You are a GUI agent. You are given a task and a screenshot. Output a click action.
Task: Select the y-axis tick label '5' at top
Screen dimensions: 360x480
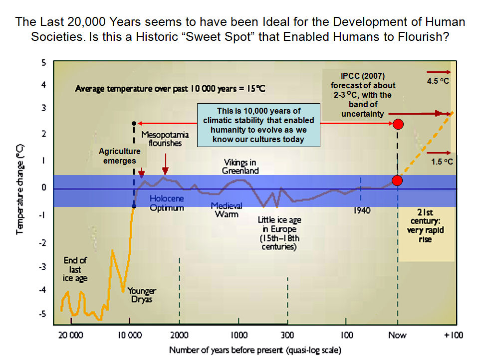[x=43, y=63]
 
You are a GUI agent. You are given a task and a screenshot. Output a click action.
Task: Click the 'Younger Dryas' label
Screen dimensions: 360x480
[x=142, y=295]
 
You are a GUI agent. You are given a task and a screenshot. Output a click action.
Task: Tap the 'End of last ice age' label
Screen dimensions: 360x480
[x=75, y=269]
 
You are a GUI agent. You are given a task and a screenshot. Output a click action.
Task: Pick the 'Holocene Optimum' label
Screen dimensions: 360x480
[x=167, y=203]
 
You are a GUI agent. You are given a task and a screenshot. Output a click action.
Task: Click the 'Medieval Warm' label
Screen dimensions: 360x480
[x=226, y=209]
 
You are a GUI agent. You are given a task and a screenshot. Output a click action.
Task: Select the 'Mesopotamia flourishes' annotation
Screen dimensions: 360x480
[x=161, y=139]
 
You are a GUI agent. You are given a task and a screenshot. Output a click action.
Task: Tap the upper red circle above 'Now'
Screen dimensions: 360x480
[x=398, y=124]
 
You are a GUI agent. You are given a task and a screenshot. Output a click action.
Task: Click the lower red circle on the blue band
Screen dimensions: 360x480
[x=397, y=180]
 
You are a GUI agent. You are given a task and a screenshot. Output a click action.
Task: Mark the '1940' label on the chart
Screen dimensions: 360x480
[x=362, y=210]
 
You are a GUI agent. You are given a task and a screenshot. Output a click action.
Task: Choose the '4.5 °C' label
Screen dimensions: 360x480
[x=439, y=80]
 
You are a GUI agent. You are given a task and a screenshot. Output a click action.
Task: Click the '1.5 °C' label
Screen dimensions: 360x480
[x=442, y=162]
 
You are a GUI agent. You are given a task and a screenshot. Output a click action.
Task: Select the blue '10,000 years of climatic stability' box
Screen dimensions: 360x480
[x=258, y=125]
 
